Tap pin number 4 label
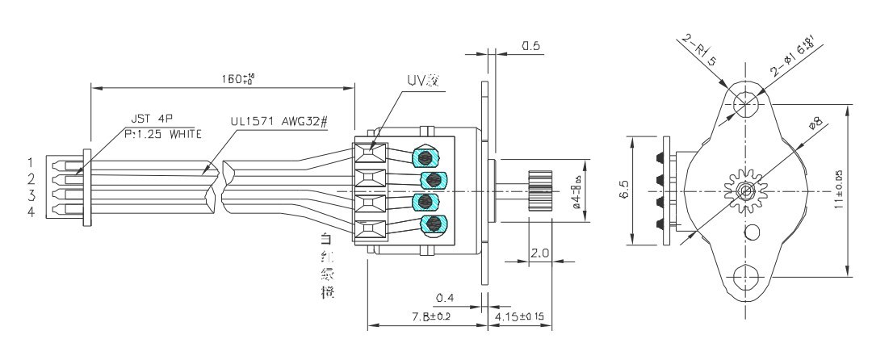tap(30, 211)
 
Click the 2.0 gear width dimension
tap(540, 253)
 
